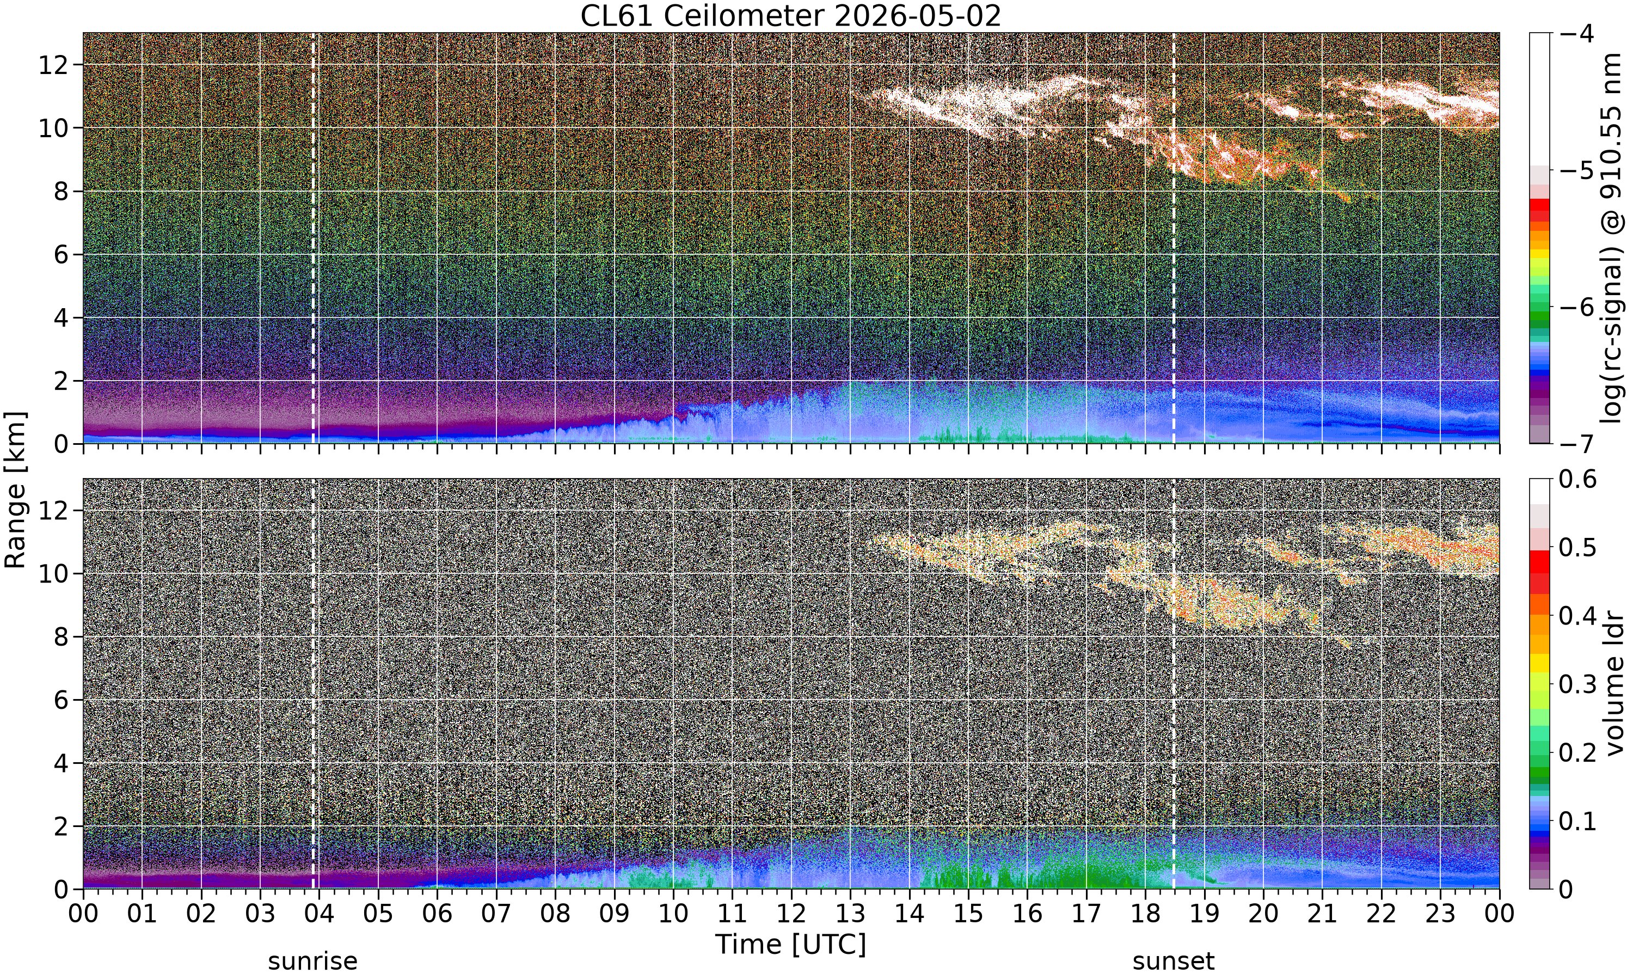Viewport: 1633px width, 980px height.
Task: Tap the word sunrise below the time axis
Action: click(x=313, y=961)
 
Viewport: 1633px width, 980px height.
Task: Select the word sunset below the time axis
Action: click(x=1174, y=961)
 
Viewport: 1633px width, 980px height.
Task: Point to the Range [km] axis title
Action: click(x=15, y=490)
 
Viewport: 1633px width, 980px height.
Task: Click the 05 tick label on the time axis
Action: click(x=378, y=914)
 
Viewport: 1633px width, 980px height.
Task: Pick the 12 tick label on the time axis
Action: click(x=791, y=914)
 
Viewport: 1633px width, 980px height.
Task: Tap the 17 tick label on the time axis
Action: click(x=1086, y=914)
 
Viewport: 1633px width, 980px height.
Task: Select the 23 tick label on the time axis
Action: click(x=1440, y=914)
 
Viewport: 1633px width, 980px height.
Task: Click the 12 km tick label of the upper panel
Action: click(x=53, y=65)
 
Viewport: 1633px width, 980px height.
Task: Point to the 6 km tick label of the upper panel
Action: click(x=62, y=254)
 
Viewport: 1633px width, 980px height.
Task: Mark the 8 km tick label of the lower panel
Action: click(x=62, y=636)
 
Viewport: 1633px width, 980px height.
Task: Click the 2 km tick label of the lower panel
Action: click(x=62, y=826)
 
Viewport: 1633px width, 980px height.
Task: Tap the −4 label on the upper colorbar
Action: click(x=1577, y=33)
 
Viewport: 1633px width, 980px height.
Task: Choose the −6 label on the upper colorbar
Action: click(x=1577, y=307)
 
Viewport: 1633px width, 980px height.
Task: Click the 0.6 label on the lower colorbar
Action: click(x=1578, y=479)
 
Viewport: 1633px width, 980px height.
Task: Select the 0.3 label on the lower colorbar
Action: click(x=1578, y=684)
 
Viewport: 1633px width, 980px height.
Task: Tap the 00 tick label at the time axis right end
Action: click(x=1500, y=914)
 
